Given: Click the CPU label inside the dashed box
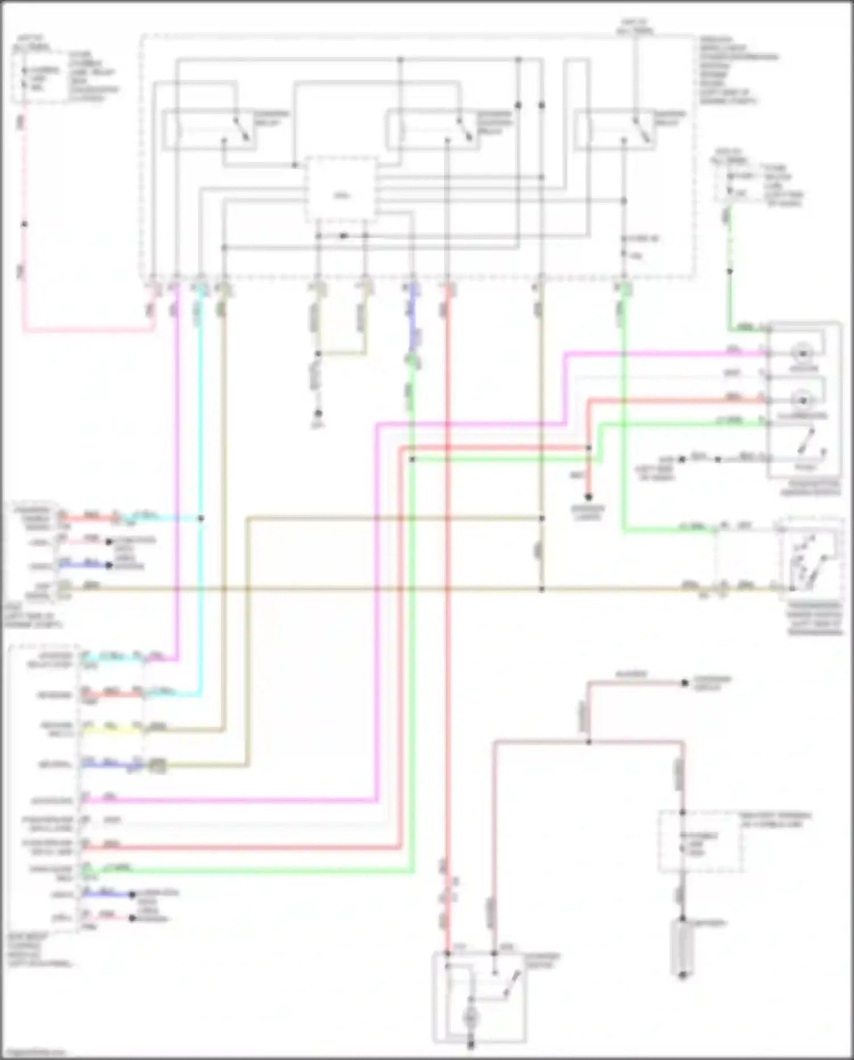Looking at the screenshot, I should coord(341,195).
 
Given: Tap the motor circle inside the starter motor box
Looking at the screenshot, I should coord(471,1018).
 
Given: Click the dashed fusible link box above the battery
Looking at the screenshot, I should coord(700,842).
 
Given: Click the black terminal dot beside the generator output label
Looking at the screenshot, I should coord(685,683).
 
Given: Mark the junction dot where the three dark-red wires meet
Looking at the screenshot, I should coord(589,742).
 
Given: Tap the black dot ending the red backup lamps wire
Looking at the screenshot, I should coord(589,497).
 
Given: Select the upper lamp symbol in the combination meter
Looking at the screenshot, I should coord(803,353).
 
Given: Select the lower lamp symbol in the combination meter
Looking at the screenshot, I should coord(803,400).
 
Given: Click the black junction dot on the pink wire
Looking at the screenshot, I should coord(24,224).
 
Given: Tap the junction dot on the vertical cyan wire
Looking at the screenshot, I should coord(200,518).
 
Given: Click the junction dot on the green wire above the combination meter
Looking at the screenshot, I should coord(730,271).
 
